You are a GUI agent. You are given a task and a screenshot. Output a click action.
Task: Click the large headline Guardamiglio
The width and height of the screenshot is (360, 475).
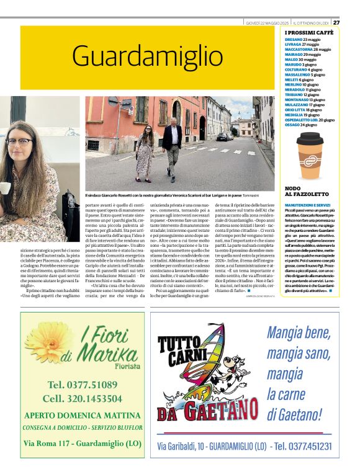click(x=146, y=56)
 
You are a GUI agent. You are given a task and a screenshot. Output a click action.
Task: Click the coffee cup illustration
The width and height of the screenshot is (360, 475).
click(x=310, y=155)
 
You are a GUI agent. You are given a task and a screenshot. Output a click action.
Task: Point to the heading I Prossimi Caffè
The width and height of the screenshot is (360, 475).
click(x=309, y=32)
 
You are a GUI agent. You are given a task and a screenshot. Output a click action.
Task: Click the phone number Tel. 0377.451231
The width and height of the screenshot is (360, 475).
click(x=303, y=446)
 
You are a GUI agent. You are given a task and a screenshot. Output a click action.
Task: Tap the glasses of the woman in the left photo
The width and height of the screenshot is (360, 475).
click(x=19, y=141)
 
